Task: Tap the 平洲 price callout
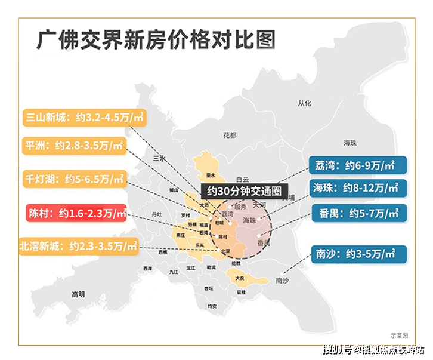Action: pyautogui.click(x=74, y=145)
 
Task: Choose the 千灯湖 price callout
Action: pyautogui.click(x=74, y=179)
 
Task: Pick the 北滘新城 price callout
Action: pyautogui.click(x=78, y=245)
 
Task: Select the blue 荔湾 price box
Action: pyautogui.click(x=357, y=164)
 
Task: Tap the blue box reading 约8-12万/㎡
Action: pyautogui.click(x=357, y=188)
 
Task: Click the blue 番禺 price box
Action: pyautogui.click(x=357, y=213)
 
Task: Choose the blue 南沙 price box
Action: pyautogui.click(x=357, y=253)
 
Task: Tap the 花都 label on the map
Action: pyautogui.click(x=230, y=135)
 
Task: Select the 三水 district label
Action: pyautogui.click(x=159, y=158)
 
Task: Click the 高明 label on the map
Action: pyautogui.click(x=78, y=294)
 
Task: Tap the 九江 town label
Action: pyautogui.click(x=174, y=272)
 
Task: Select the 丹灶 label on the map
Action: pyautogui.click(x=157, y=214)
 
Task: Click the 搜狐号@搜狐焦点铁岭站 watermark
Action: pyautogui.click(x=373, y=349)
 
